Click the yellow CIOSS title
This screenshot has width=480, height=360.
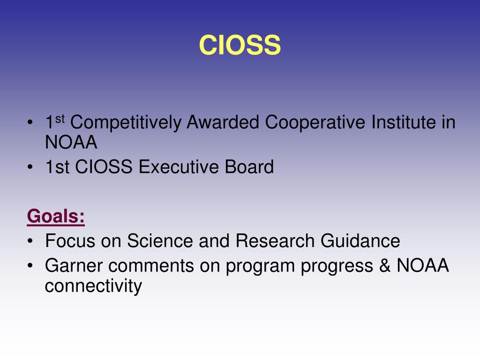(x=240, y=45)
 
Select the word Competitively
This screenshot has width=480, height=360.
(x=126, y=123)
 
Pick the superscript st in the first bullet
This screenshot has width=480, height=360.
(x=60, y=119)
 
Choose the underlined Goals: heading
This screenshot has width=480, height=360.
(x=56, y=217)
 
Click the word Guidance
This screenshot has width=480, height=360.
(x=360, y=241)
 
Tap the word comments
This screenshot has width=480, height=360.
(x=150, y=266)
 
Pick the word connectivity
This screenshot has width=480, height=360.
(x=93, y=286)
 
